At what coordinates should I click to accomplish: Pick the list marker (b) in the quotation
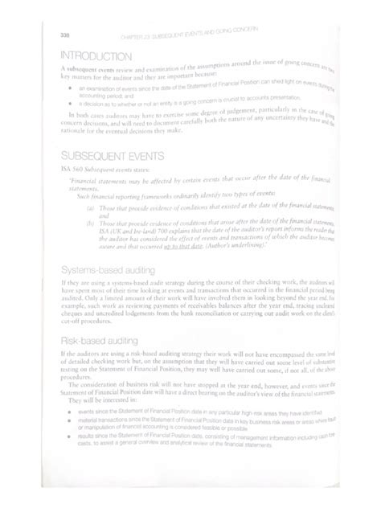pos(90,222)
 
